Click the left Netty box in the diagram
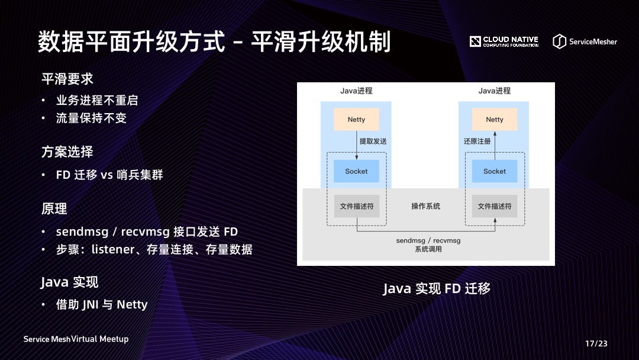(x=356, y=120)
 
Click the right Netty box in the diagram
(x=495, y=120)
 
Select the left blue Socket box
(x=356, y=171)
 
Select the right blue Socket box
(x=495, y=171)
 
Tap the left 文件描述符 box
(x=356, y=206)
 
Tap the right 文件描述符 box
(x=495, y=206)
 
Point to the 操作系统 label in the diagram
(x=425, y=206)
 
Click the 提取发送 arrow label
(x=373, y=142)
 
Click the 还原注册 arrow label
(x=477, y=142)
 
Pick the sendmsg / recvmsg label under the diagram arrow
(x=428, y=241)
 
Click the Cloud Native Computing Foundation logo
(x=504, y=41)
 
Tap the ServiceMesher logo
(x=585, y=41)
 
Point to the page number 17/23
(x=596, y=343)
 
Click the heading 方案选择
(x=67, y=152)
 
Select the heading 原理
(x=54, y=208)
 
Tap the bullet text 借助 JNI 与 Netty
(x=102, y=304)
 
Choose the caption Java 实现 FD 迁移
(x=437, y=289)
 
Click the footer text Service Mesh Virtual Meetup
(x=76, y=339)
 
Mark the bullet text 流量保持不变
(x=91, y=118)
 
